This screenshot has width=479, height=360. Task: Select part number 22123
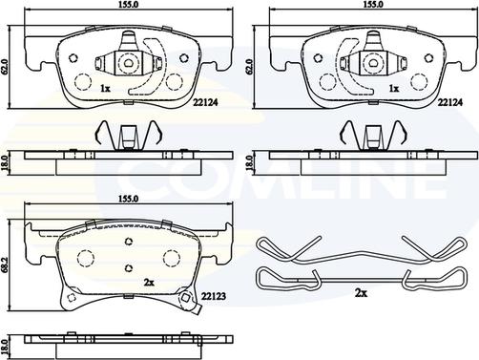pyautogui.click(x=213, y=296)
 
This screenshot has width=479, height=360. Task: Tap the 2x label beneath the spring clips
pyautogui.click(x=361, y=293)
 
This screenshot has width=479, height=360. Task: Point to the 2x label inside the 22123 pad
pyautogui.click(x=149, y=282)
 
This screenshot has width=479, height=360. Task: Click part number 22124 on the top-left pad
pyautogui.click(x=205, y=102)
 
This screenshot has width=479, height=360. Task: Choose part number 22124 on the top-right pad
pyautogui.click(x=449, y=102)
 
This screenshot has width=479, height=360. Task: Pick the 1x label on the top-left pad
pyautogui.click(x=105, y=89)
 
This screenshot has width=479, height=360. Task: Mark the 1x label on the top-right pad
pyautogui.click(x=394, y=89)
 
